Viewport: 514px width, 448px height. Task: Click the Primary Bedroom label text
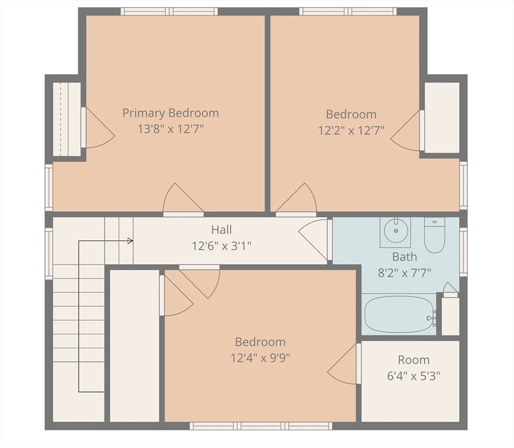(170, 113)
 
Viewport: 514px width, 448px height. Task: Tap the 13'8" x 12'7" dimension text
(170, 129)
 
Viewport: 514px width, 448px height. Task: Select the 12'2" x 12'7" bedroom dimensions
(351, 131)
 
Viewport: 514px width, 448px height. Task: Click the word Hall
(221, 230)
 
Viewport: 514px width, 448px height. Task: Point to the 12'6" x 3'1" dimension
(221, 246)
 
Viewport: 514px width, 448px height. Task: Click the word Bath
(404, 257)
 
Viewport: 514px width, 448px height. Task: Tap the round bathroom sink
(396, 231)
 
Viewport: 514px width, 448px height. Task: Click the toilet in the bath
(434, 235)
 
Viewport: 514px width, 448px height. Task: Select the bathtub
(400, 314)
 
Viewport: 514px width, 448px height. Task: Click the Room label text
(414, 360)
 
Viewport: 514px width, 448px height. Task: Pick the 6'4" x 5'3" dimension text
(414, 376)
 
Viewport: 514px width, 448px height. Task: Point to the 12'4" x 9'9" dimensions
(260, 358)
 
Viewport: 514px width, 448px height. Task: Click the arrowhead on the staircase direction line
(131, 241)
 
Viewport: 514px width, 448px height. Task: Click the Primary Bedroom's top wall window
(169, 12)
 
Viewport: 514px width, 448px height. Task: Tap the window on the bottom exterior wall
(261, 426)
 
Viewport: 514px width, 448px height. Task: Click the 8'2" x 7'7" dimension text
(404, 273)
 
